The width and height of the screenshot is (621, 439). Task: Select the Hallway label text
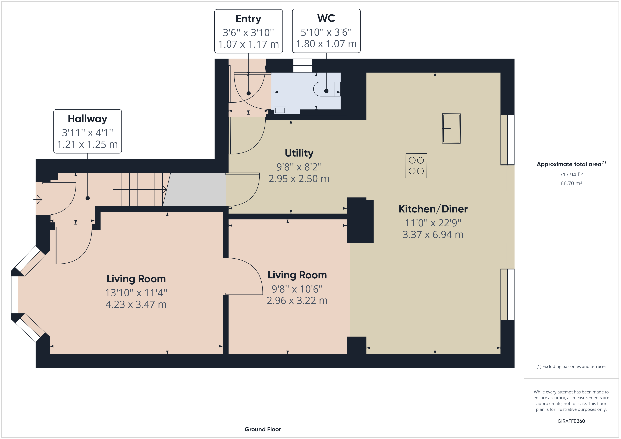coord(87,119)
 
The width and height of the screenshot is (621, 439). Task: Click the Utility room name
coord(299,153)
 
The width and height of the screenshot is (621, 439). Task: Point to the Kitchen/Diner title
coord(433,209)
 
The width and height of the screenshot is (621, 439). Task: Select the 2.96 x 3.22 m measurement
coord(297,301)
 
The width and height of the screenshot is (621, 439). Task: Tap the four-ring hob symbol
coord(416,166)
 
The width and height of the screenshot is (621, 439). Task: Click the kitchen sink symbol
coord(451,128)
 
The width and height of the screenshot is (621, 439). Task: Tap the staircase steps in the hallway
coord(138,189)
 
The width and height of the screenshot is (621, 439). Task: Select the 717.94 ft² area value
coord(571,175)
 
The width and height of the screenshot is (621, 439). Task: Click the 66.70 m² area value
coord(571,183)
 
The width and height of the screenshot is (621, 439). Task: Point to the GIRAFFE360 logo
coord(571,421)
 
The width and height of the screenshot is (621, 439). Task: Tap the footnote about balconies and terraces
coord(571,367)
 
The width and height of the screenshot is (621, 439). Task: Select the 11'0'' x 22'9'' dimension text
coord(433,223)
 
